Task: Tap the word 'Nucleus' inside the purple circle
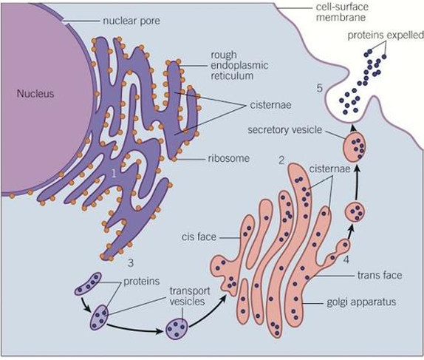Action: tap(37, 94)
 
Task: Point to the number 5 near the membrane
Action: tap(319, 89)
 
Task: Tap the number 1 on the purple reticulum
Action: tap(113, 174)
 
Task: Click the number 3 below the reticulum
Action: tap(129, 262)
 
